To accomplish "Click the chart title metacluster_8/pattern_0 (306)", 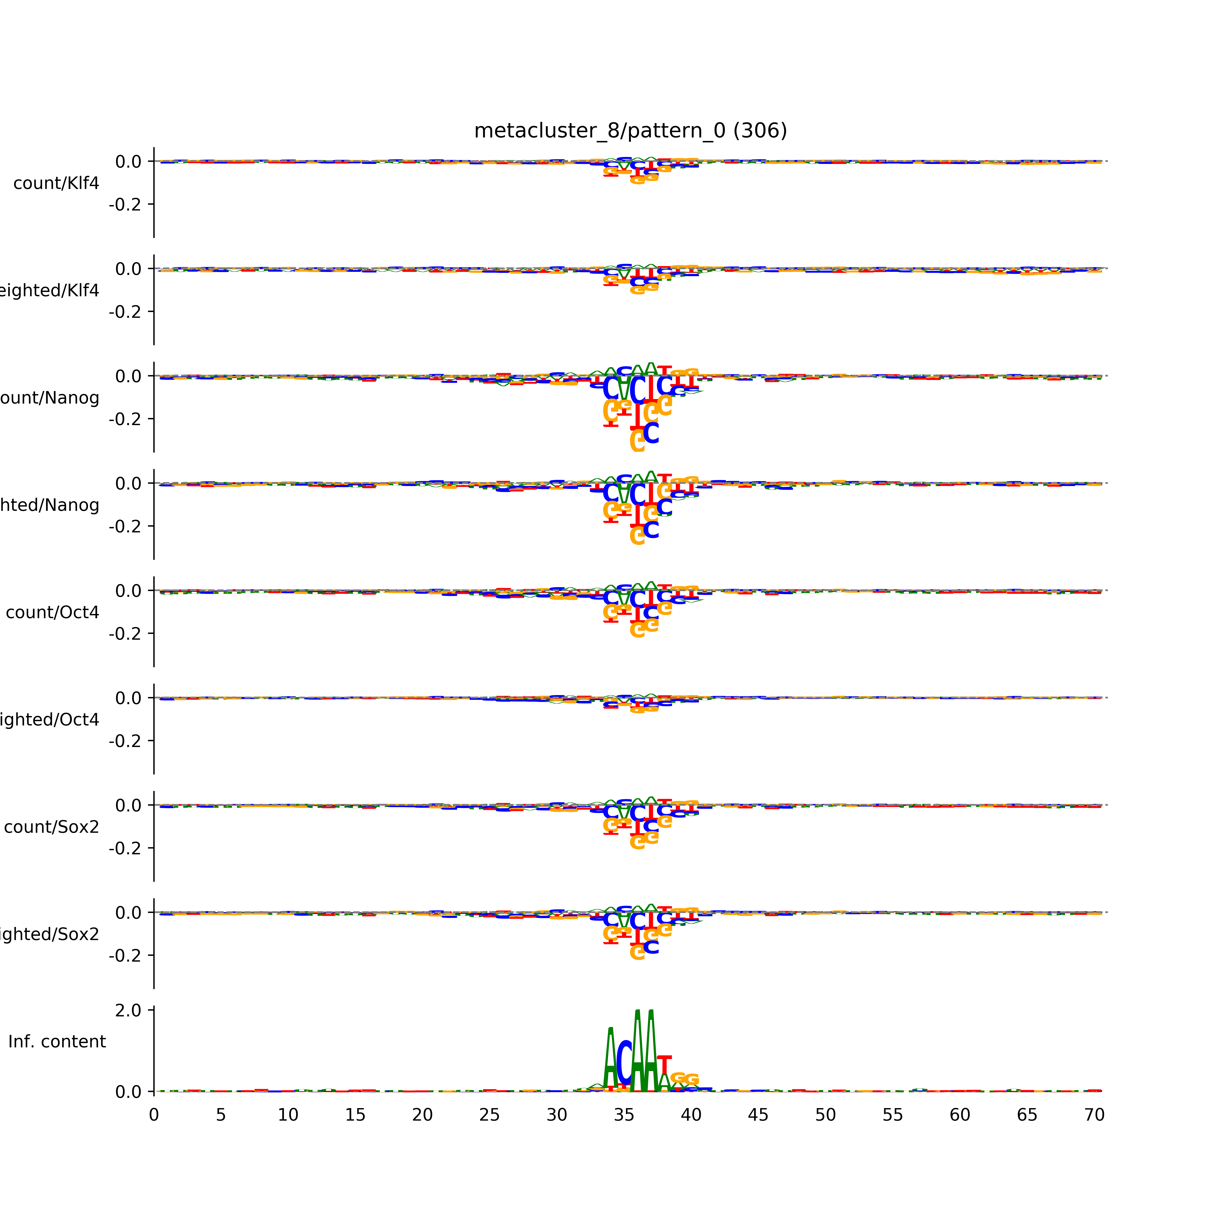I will click(x=630, y=131).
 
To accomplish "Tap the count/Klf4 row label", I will click(x=56, y=183).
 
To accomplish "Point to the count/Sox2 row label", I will click(x=52, y=827).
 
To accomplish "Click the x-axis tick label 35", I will click(x=624, y=1115).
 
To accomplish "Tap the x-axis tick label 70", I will click(x=1094, y=1115).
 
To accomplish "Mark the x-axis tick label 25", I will click(x=489, y=1115).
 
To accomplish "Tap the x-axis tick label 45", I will click(x=758, y=1115).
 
